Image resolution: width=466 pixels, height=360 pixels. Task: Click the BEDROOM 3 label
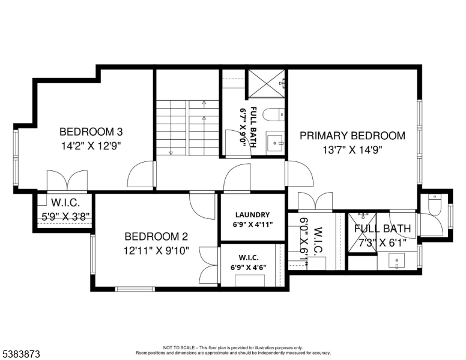click(x=91, y=132)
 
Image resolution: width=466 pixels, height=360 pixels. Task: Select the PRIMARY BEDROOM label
click(x=353, y=136)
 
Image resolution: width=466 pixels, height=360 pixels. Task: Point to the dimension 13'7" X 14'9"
click(x=353, y=150)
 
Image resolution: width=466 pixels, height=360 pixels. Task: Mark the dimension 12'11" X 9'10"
click(x=156, y=251)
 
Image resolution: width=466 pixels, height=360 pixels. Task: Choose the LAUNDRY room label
click(x=252, y=215)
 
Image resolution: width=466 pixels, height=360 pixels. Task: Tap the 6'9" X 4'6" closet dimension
click(x=252, y=267)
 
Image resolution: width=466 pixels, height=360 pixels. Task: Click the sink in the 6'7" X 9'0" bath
click(x=276, y=143)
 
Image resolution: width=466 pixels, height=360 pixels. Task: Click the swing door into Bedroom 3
click(x=141, y=176)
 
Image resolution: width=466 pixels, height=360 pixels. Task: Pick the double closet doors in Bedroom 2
click(x=209, y=264)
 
